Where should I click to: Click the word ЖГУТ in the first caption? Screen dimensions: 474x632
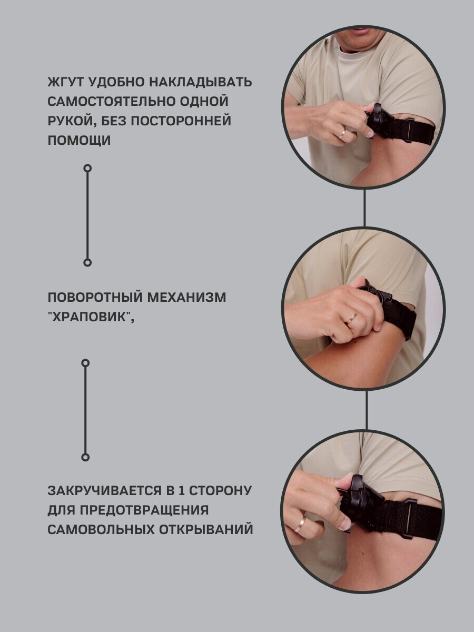(66, 82)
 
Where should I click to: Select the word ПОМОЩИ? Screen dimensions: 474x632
(79, 141)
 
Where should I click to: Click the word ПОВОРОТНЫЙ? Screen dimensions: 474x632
(95, 298)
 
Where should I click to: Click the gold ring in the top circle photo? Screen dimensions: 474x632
(343, 133)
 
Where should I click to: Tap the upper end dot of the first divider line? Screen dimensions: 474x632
(87, 168)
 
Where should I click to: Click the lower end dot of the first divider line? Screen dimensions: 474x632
(87, 263)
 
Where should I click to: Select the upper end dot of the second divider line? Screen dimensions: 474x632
(85, 363)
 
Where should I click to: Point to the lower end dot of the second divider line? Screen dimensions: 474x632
(85, 457)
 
